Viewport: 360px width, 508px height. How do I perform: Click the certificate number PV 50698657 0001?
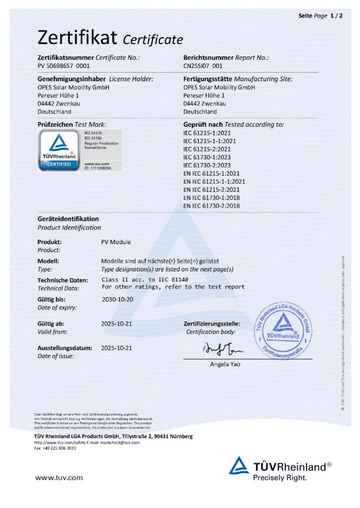point(60,67)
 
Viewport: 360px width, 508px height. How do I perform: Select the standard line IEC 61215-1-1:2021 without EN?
point(211,149)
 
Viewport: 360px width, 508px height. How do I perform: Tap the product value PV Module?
point(116,242)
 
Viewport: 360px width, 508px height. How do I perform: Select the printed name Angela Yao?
point(224,364)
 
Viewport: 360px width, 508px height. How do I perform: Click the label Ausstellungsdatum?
point(65,348)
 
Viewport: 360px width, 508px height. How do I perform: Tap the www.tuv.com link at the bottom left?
point(59,478)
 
